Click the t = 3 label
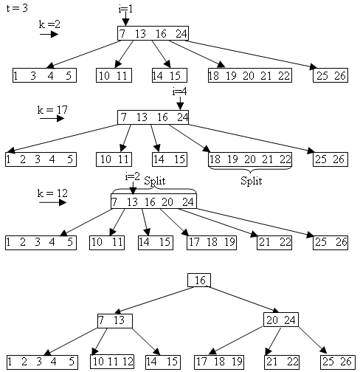click(17, 8)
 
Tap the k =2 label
click(49, 24)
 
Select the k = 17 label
click(52, 110)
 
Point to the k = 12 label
click(52, 193)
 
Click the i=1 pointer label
click(125, 9)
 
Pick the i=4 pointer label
click(179, 92)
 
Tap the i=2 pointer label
click(132, 176)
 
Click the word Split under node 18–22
click(251, 181)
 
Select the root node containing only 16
click(199, 280)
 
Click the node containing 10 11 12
click(112, 362)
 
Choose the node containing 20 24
click(281, 320)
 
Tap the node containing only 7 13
click(115, 321)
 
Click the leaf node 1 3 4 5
click(44, 75)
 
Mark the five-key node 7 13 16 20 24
click(153, 201)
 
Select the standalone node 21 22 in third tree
click(274, 243)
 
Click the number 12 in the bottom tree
click(128, 362)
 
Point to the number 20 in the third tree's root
click(167, 202)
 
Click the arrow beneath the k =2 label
click(49, 34)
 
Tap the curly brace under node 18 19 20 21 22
click(250, 170)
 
